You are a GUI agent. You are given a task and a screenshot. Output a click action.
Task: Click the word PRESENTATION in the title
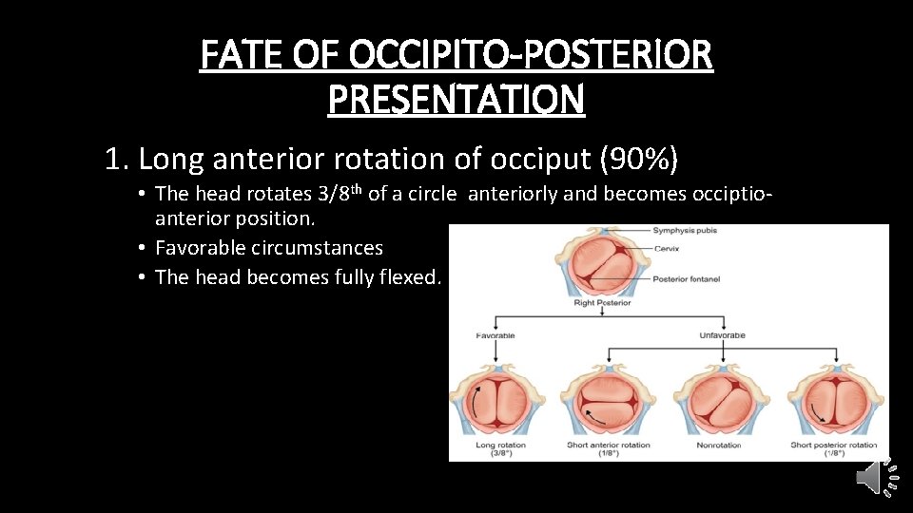click(456, 98)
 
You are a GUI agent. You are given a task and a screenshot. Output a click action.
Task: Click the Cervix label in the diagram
click(669, 247)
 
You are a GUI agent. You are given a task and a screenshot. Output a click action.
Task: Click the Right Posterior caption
click(603, 303)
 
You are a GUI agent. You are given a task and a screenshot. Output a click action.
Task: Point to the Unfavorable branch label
click(723, 335)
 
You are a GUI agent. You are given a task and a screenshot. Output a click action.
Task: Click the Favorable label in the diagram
click(495, 335)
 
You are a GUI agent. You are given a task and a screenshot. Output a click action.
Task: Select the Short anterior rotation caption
click(609, 445)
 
